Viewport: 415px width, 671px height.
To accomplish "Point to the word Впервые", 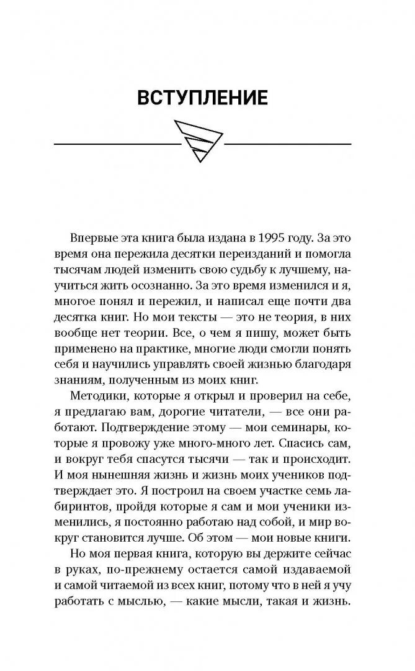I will click(90, 238).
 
